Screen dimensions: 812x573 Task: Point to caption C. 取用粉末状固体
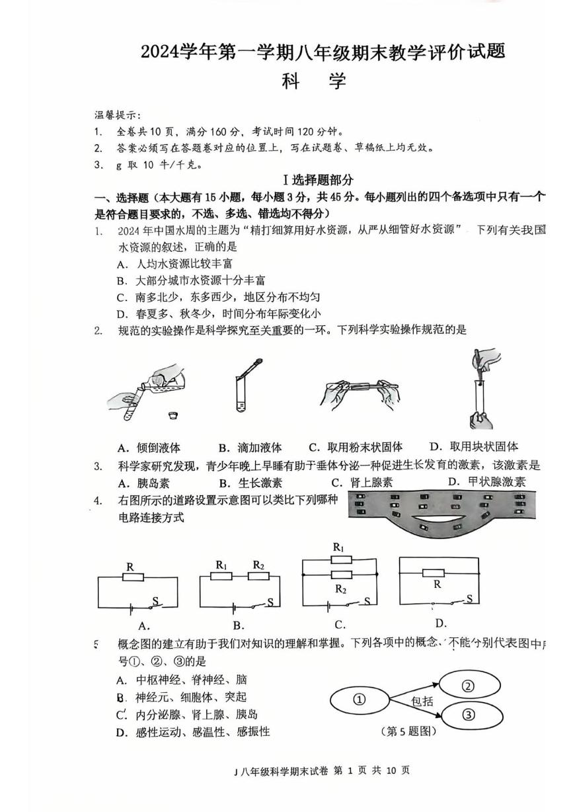[x=356, y=447]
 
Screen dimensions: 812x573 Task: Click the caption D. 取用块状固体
[x=473, y=446]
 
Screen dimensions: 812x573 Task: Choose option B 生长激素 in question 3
[x=250, y=482]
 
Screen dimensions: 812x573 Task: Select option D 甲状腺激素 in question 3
[x=486, y=481]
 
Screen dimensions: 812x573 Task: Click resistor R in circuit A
[x=134, y=577]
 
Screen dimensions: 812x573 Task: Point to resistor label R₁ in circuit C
[x=338, y=548]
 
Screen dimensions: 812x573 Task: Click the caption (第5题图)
[x=409, y=731]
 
